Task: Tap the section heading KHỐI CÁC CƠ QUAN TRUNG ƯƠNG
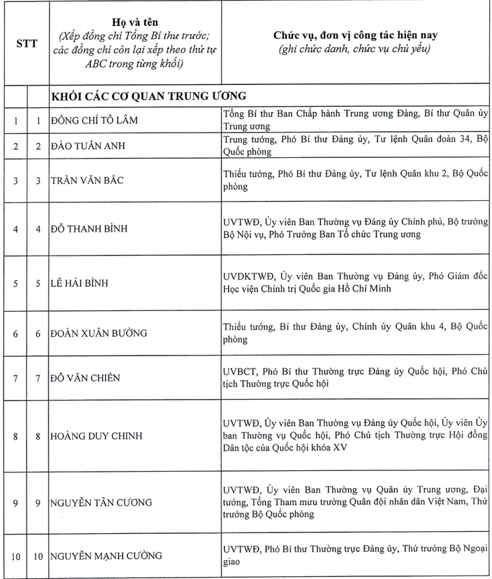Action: (x=148, y=95)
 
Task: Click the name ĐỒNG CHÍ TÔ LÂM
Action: (x=94, y=121)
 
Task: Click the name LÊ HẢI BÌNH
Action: (x=79, y=283)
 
